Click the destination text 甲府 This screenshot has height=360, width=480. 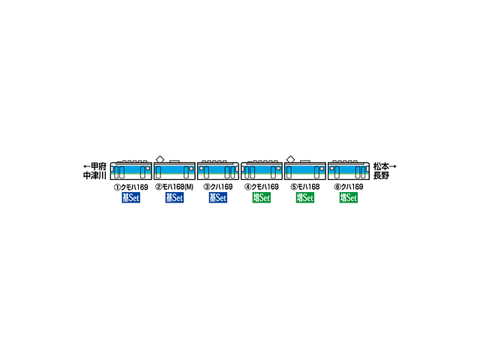tap(98, 166)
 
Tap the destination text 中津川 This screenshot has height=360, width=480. tap(94, 175)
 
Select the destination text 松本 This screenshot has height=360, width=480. tap(381, 166)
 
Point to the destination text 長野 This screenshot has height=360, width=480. tap(381, 175)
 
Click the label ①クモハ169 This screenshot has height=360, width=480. tap(131, 187)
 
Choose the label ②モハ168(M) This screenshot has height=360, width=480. tap(175, 187)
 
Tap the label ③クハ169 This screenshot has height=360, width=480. tap(218, 187)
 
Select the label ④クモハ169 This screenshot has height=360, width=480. tap(262, 187)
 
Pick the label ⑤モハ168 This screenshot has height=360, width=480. tap(305, 187)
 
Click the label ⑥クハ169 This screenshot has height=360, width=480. tap(349, 187)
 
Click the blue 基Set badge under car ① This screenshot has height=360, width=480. tap(131, 198)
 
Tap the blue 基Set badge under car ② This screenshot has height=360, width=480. tap(175, 198)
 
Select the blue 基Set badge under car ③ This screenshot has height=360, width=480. tap(218, 198)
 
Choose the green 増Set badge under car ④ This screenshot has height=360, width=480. tap(262, 198)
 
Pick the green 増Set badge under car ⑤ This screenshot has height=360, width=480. tap(305, 198)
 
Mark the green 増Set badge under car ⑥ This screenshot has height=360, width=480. tap(349, 198)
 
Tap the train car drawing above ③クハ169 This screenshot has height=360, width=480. tap(218, 170)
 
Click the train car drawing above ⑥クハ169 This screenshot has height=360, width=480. tap(349, 170)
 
